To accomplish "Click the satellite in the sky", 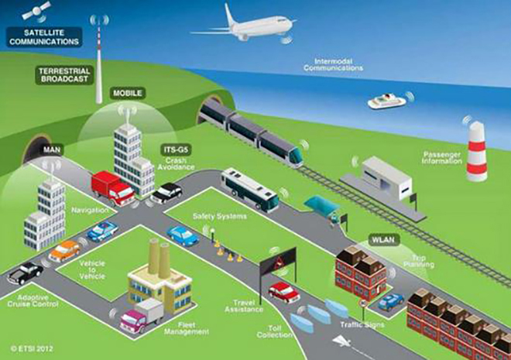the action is tap(36, 11).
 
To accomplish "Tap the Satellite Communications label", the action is tap(44, 37).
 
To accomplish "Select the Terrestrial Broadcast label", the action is tap(64, 75).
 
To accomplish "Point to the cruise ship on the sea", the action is tap(387, 101).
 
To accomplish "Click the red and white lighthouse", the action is tap(477, 151).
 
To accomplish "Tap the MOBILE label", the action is tap(128, 93).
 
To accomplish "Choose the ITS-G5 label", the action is tap(176, 150).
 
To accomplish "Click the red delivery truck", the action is tap(112, 188).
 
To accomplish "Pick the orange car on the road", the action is tap(64, 251).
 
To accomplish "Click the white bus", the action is tap(250, 190).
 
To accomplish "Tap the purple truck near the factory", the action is tap(142, 316).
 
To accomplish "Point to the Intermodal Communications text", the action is tap(333, 64).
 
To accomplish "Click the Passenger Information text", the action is tap(442, 158).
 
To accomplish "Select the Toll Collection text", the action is tap(275, 331).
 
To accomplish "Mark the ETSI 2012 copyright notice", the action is tap(32, 348).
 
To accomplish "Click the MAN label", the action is tap(52, 150).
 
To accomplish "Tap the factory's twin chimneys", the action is tap(159, 258).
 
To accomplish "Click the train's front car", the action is tap(282, 149).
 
